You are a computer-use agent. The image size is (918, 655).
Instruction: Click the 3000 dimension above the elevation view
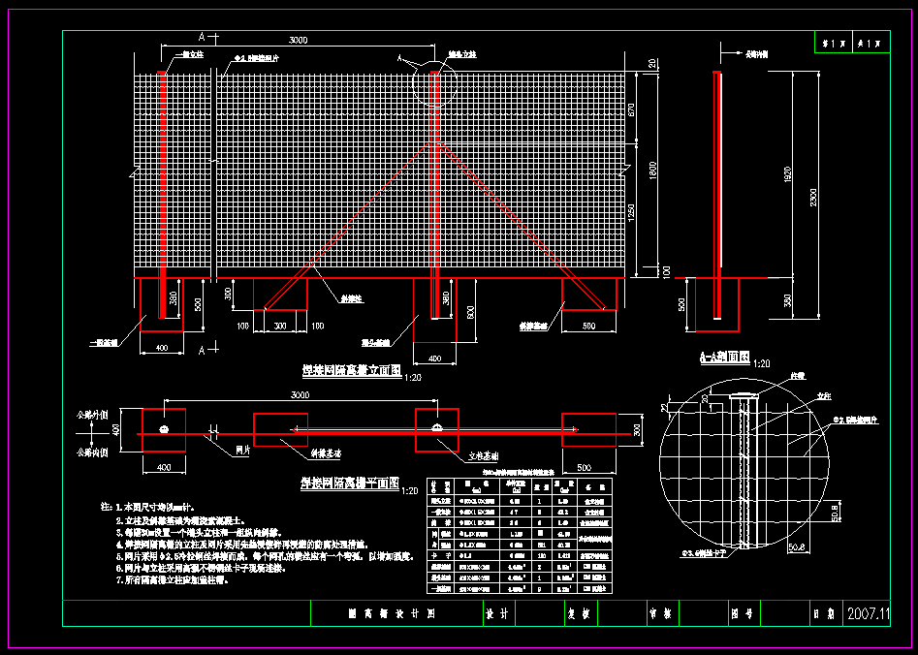[298, 40]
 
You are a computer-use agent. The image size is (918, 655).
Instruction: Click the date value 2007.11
[868, 614]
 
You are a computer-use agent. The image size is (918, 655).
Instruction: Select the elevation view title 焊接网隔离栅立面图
[350, 370]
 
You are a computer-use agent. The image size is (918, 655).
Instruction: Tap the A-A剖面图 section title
[724, 358]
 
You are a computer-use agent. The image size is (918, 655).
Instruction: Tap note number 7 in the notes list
[118, 580]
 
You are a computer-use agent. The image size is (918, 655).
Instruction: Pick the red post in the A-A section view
[717, 194]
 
